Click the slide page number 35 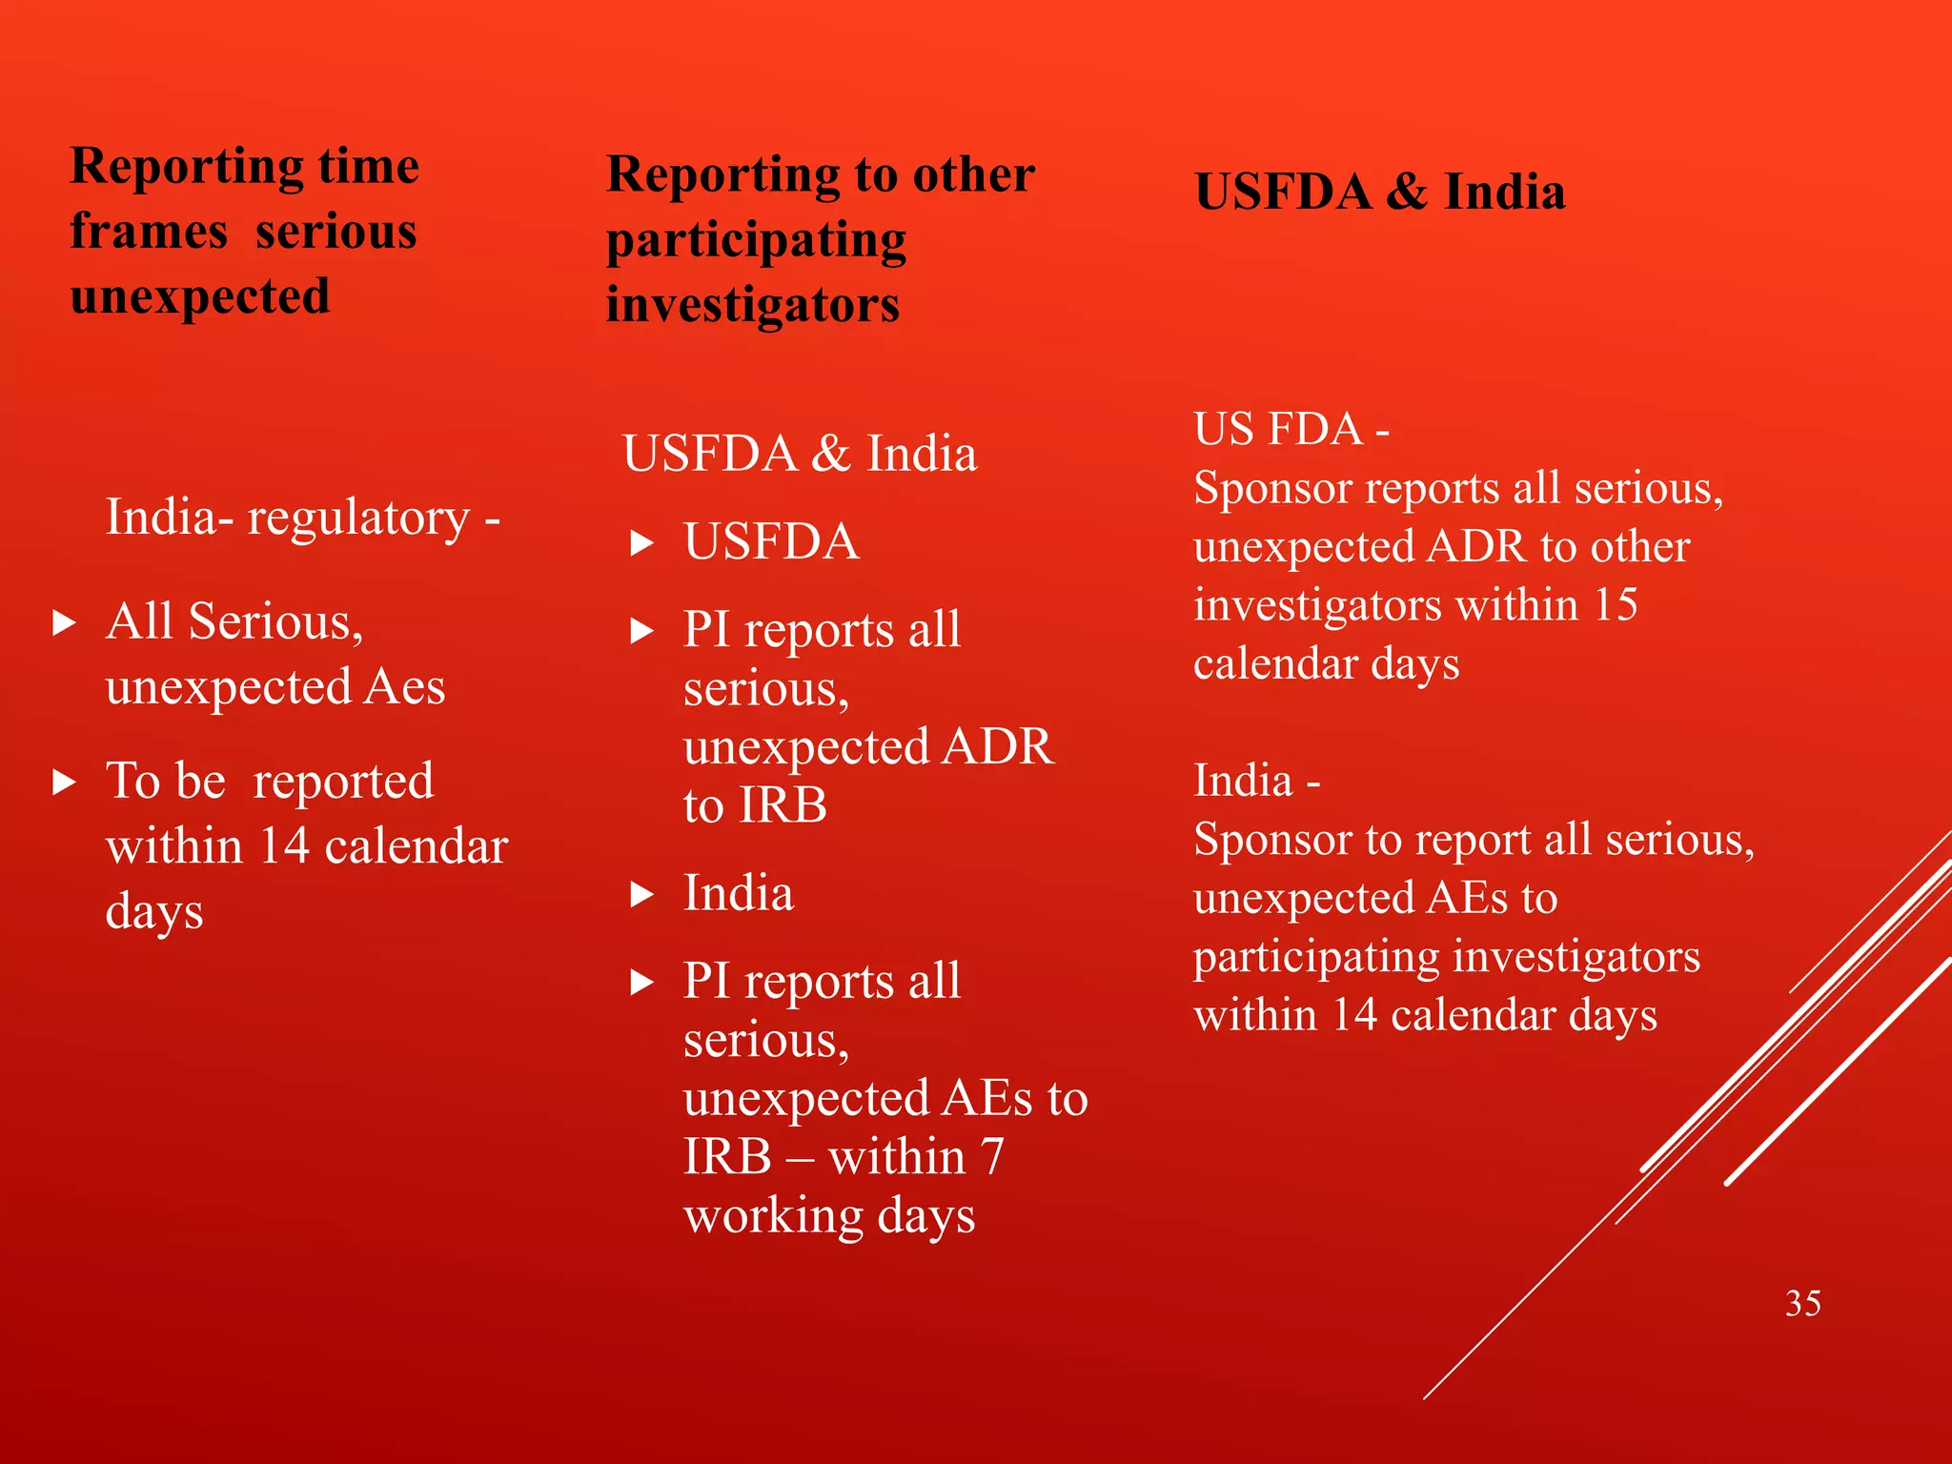(1802, 1303)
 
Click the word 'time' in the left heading (368, 167)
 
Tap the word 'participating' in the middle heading (756, 241)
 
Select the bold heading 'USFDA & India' (1379, 192)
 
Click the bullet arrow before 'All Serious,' (65, 623)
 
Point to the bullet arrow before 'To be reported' (65, 783)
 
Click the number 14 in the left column (284, 846)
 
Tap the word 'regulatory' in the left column (358, 518)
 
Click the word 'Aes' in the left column (405, 687)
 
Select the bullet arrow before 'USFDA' (642, 544)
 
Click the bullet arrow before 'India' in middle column (642, 895)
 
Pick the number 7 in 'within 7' (991, 1157)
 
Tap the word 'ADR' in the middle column (997, 746)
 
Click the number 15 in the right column (1615, 605)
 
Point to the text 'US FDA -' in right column (1291, 429)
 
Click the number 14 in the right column (1354, 1015)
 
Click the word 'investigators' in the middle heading (752, 306)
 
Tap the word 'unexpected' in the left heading (200, 296)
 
